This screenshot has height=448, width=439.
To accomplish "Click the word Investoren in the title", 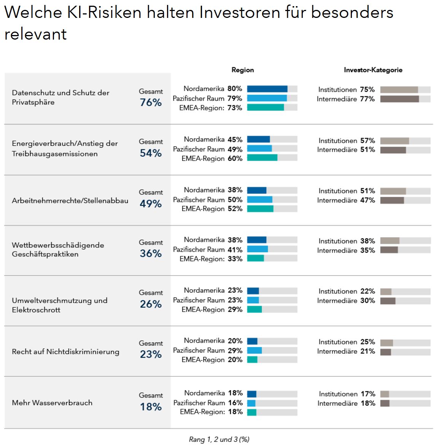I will (x=239, y=13).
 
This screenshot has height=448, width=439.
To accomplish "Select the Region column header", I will (x=243, y=70).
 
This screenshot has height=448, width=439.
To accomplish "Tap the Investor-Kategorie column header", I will (x=373, y=70).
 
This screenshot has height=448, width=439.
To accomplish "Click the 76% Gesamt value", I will (x=151, y=102).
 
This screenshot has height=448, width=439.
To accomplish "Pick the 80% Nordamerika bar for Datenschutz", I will (x=267, y=89).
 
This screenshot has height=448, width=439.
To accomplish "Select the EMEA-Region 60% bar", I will (x=262, y=158).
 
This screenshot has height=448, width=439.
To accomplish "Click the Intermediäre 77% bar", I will (x=399, y=99).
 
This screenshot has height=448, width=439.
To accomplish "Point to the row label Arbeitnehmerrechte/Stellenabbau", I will (x=70, y=201).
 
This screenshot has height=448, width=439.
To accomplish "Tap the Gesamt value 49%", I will (x=151, y=204).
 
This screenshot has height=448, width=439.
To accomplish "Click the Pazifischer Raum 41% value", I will (x=235, y=250).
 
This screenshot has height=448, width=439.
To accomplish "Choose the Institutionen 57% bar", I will (x=394, y=141).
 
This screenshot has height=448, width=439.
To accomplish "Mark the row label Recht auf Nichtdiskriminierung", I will (x=65, y=352).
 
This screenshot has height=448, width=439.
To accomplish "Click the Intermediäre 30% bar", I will (x=388, y=301).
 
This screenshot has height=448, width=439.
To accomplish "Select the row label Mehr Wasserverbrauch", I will (x=52, y=403).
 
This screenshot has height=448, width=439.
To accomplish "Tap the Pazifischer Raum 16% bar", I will (x=251, y=403).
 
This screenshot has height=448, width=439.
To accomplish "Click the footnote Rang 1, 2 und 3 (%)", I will (x=219, y=439).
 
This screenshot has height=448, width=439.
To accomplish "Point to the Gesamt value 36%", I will (x=151, y=253).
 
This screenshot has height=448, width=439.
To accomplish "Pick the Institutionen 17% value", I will (x=368, y=394).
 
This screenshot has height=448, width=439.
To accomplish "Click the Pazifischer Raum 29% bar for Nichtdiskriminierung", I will (x=254, y=350).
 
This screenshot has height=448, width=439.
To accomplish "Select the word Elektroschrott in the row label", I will (x=36, y=310).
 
